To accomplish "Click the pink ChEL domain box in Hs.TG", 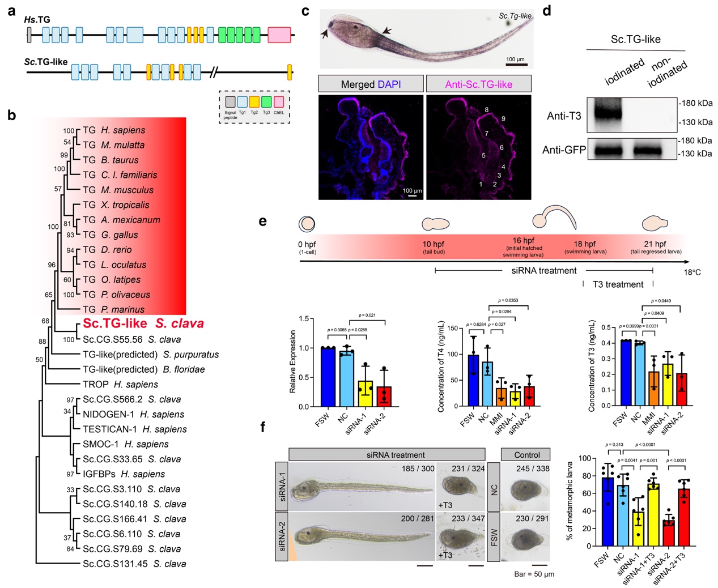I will tap(279, 35).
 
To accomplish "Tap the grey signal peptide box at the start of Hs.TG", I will tap(29, 35).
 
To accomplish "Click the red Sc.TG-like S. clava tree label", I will tap(143, 323).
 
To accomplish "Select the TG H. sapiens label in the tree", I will tap(114, 130).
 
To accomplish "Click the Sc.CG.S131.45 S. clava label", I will tap(134, 564).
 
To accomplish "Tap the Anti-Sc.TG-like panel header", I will tap(478, 84).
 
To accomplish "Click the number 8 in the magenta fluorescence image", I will tap(486, 110).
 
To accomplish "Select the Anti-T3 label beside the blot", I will tap(563, 116).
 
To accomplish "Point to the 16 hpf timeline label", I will tap(523, 240).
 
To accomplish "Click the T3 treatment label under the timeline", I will tap(618, 284).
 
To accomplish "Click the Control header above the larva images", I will tap(526, 455).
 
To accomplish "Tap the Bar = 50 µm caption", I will tap(534, 574).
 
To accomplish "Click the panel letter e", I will tap(262, 221).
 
